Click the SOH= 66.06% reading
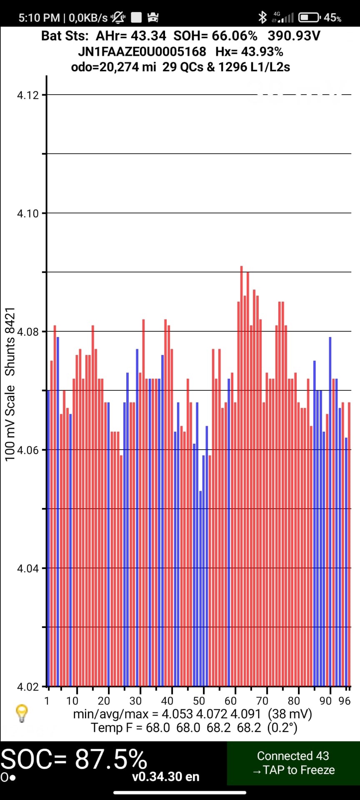215,36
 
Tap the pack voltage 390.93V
294,36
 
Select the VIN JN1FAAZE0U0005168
142,52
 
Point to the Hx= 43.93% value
249,52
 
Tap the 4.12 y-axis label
27,95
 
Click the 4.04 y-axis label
27,568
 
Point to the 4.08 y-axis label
27,332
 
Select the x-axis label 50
199,701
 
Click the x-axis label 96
345,701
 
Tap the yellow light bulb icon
21,713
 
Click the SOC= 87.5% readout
74,759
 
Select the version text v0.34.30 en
165,777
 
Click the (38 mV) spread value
290,714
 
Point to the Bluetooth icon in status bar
262,17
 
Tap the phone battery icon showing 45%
309,17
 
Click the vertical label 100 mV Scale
10,423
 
